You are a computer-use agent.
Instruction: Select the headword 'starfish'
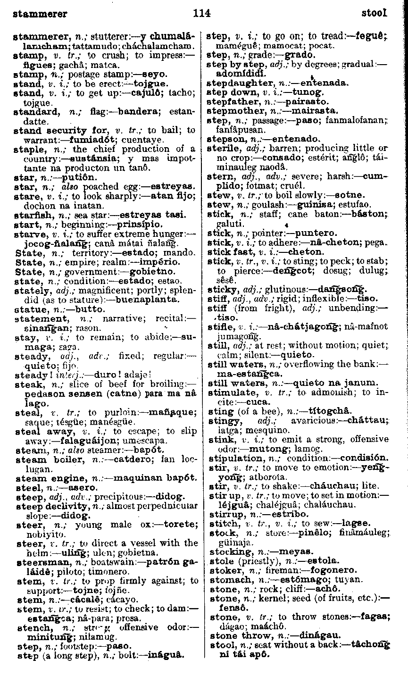coord(31,215)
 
